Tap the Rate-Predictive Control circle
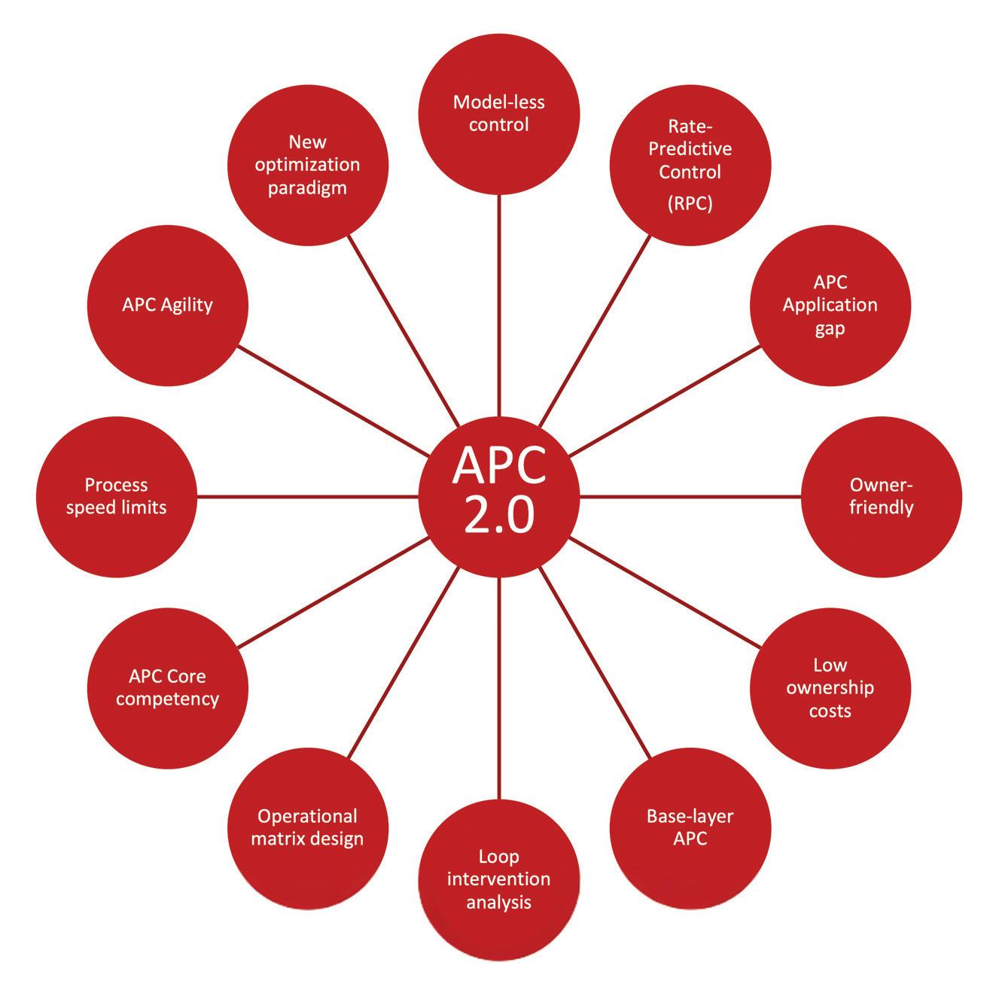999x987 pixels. pos(690,166)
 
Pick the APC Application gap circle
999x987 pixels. pos(830,305)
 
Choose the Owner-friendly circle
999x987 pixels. pos(882,497)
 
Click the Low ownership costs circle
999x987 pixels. pos(830,688)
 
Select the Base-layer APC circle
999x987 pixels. pos(690,827)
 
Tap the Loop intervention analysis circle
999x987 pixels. pos(499,879)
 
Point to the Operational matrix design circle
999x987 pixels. pos(307,827)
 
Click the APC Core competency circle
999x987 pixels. pos(168,688)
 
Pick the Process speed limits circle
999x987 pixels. pos(116,497)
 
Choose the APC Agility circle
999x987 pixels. pos(168,305)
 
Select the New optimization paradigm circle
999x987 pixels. pos(307,166)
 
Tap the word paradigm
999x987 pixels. pos(307,187)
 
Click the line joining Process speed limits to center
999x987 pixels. pos(309,497)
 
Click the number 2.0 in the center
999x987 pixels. pos(499,516)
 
